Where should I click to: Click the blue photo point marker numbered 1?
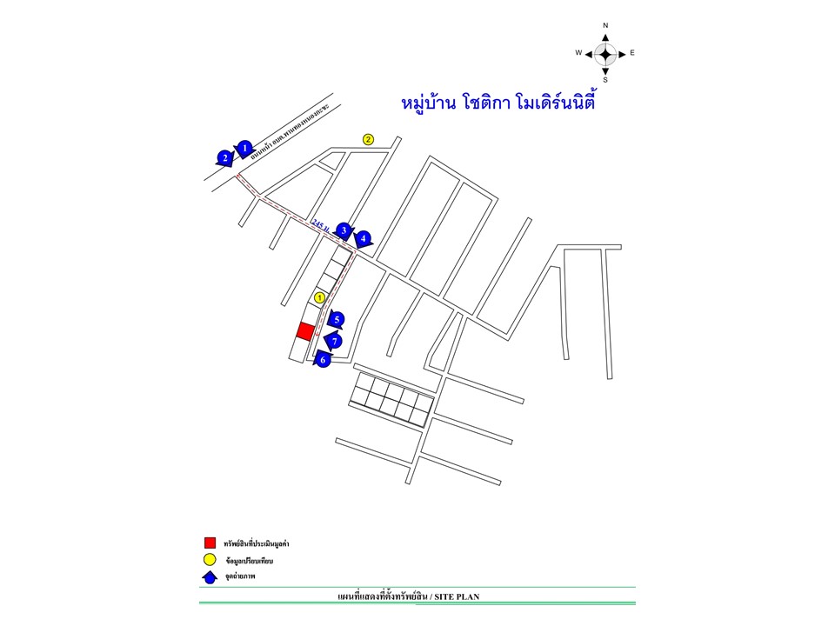[x=245, y=149]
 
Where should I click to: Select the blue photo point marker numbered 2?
[x=225, y=158]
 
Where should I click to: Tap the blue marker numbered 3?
[x=344, y=230]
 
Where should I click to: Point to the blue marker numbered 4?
[x=363, y=237]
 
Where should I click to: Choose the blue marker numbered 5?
[x=337, y=320]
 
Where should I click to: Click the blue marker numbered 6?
[x=323, y=358]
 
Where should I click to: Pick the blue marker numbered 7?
[x=333, y=342]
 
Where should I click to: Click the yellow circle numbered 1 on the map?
[x=319, y=297]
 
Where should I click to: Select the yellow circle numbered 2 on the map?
[x=368, y=139]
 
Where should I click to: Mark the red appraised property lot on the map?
[x=305, y=331]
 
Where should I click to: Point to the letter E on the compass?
[x=632, y=53]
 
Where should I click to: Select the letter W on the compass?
[x=578, y=53]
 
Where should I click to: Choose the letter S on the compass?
[x=605, y=79]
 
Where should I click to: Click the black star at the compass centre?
[x=605, y=53]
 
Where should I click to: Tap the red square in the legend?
[x=210, y=543]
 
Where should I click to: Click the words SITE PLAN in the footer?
[x=457, y=596]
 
